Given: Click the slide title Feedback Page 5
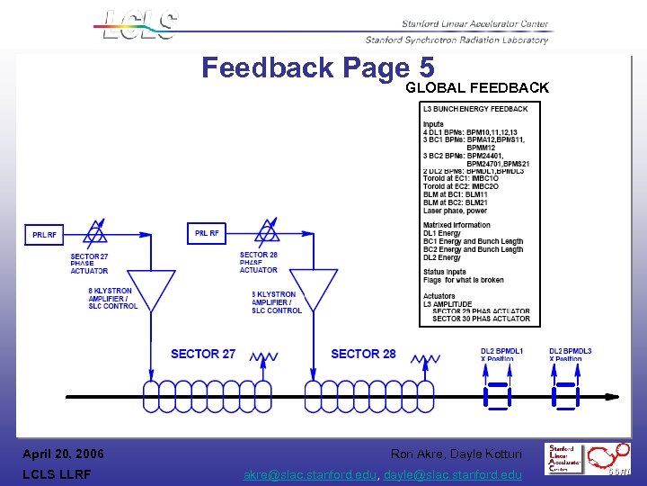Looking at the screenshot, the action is tap(318, 68).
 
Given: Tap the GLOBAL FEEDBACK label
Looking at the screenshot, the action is tap(476, 88).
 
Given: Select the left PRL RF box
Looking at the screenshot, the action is tap(44, 235).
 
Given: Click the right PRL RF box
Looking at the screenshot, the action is tap(208, 233).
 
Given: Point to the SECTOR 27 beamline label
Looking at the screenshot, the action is tap(203, 354).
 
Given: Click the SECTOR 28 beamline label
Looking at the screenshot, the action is tap(363, 354).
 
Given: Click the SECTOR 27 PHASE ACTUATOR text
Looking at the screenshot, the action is tap(89, 264).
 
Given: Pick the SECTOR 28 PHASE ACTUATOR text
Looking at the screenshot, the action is tap(259, 262).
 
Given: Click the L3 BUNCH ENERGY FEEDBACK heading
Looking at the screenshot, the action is tap(474, 109).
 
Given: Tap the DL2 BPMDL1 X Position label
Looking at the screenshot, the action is tap(501, 355).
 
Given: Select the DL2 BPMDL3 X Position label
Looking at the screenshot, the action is tap(571, 355).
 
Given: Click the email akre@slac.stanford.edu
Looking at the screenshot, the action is tap(311, 474).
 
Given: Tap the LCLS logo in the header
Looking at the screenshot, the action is tap(139, 24).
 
